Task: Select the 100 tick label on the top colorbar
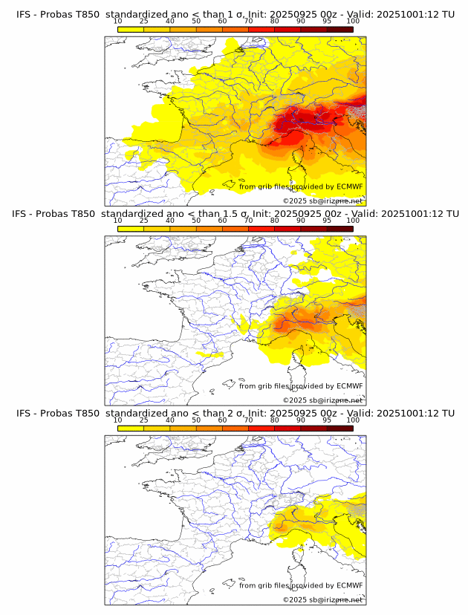tap(353, 22)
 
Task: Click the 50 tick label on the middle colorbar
tap(196, 221)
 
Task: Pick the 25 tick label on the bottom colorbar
tap(144, 420)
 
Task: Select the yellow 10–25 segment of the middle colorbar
tap(131, 228)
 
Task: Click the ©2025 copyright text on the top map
tap(322, 201)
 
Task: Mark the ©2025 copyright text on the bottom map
tap(322, 599)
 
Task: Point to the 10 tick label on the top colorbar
tap(118, 22)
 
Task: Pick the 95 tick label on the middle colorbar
tap(327, 221)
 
